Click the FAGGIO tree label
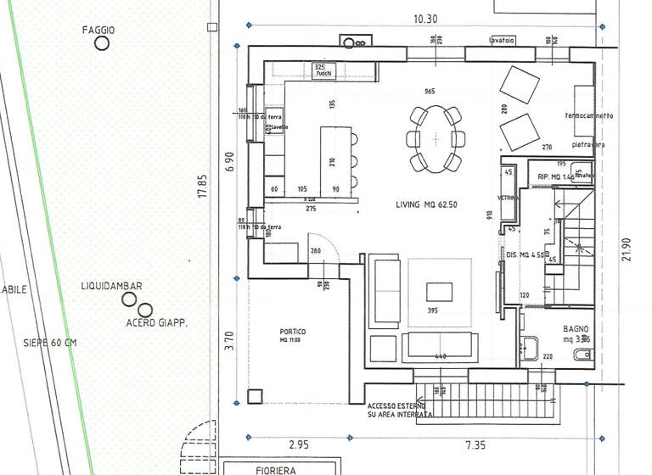[x=98, y=30]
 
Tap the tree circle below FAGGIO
[x=102, y=44]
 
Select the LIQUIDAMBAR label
[x=111, y=288]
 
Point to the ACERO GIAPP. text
[x=156, y=323]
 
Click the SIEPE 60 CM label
[x=50, y=343]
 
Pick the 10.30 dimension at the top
[x=424, y=19]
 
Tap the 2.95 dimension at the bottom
[x=300, y=444]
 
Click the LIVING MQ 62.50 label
[x=427, y=205]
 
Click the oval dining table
[x=436, y=127]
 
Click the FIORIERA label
[x=257, y=468]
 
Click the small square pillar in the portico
[x=254, y=395]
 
